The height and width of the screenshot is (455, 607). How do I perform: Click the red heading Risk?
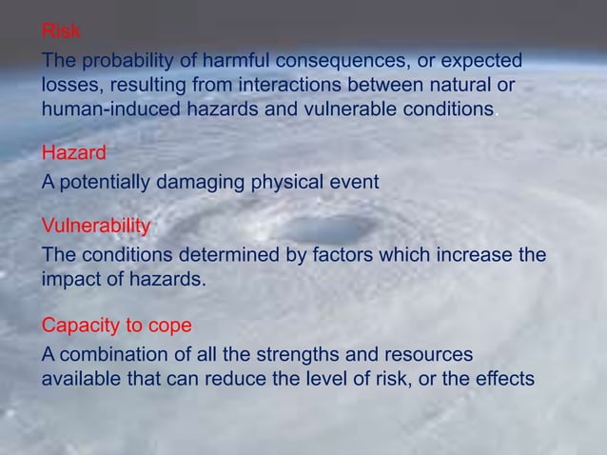pyautogui.click(x=60, y=32)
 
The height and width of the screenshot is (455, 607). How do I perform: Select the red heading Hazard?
pyautogui.click(x=73, y=152)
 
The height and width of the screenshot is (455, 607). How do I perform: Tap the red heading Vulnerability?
pyautogui.click(x=95, y=226)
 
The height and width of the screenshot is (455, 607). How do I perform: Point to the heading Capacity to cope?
pyautogui.click(x=116, y=326)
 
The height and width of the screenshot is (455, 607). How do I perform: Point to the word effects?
pyautogui.click(x=505, y=378)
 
